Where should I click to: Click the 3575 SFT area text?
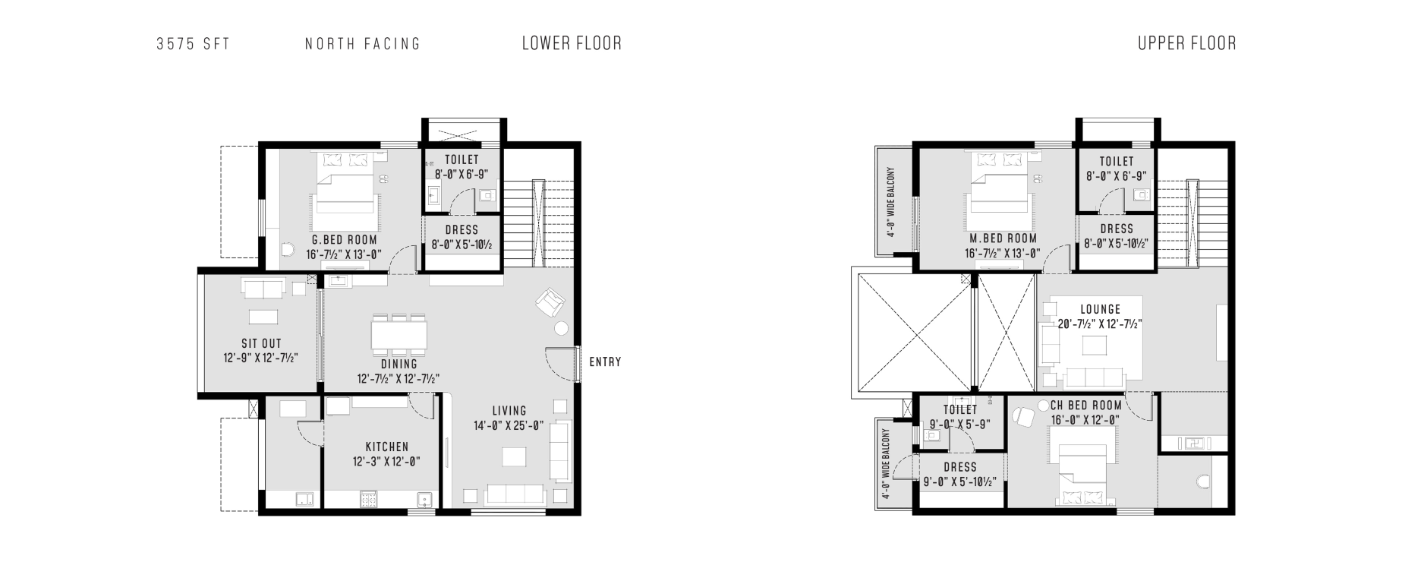pos(193,44)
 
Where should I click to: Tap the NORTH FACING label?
pos(363,44)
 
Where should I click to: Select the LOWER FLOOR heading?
pos(572,43)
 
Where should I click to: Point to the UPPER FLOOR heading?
pos(1187,43)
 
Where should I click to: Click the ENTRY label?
pos(606,362)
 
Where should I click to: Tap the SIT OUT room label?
pos(262,343)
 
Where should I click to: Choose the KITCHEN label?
pos(387,447)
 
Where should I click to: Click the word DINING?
pos(399,365)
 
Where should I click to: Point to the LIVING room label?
pos(509,412)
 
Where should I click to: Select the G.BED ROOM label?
pos(345,240)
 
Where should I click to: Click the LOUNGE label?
pos(1101,310)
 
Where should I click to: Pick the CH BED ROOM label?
pos(1086,406)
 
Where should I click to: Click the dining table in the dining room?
pos(399,335)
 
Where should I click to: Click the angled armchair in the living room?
pos(549,303)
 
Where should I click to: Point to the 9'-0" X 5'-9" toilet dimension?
pos(960,425)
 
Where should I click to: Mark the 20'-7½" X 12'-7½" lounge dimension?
pos(1101,324)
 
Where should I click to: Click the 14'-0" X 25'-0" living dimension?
pos(509,426)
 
